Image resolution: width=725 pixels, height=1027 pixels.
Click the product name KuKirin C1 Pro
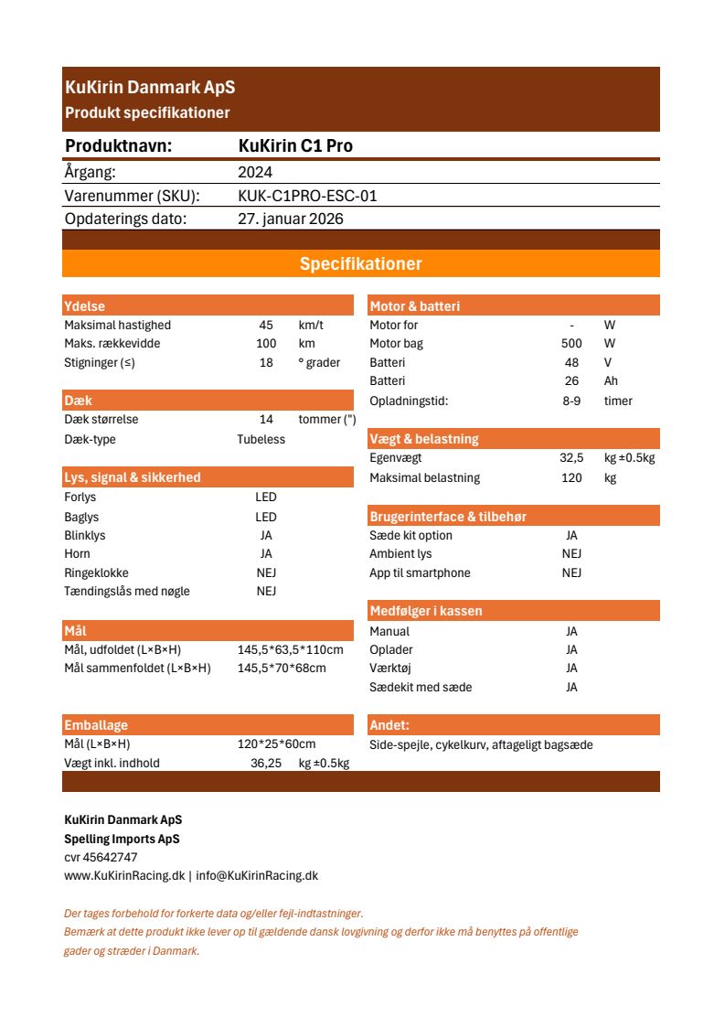(294, 146)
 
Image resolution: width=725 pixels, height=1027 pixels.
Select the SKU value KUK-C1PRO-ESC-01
(307, 196)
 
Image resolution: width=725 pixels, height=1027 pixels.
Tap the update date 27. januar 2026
(291, 219)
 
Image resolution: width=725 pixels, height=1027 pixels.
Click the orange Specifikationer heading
(360, 264)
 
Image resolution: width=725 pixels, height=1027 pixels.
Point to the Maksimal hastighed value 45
(266, 326)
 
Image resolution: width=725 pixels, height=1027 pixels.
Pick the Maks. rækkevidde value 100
(266, 344)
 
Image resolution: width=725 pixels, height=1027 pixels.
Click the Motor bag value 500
(571, 344)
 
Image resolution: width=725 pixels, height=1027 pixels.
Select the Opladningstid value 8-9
(571, 401)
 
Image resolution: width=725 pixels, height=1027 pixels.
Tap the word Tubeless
(261, 439)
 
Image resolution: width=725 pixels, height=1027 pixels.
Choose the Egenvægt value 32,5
(571, 458)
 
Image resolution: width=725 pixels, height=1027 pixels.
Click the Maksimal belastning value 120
(571, 477)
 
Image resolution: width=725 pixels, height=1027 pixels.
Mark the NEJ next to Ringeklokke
(266, 572)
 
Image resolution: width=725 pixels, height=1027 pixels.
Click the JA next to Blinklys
(266, 535)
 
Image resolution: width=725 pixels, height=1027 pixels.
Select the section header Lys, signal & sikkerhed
(132, 477)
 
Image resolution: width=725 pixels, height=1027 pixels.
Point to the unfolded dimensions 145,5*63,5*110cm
(290, 649)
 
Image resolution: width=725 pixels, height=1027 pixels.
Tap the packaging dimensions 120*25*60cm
(276, 744)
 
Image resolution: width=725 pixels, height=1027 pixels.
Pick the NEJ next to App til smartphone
(571, 572)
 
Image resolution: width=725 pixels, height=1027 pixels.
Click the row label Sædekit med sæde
(421, 687)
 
